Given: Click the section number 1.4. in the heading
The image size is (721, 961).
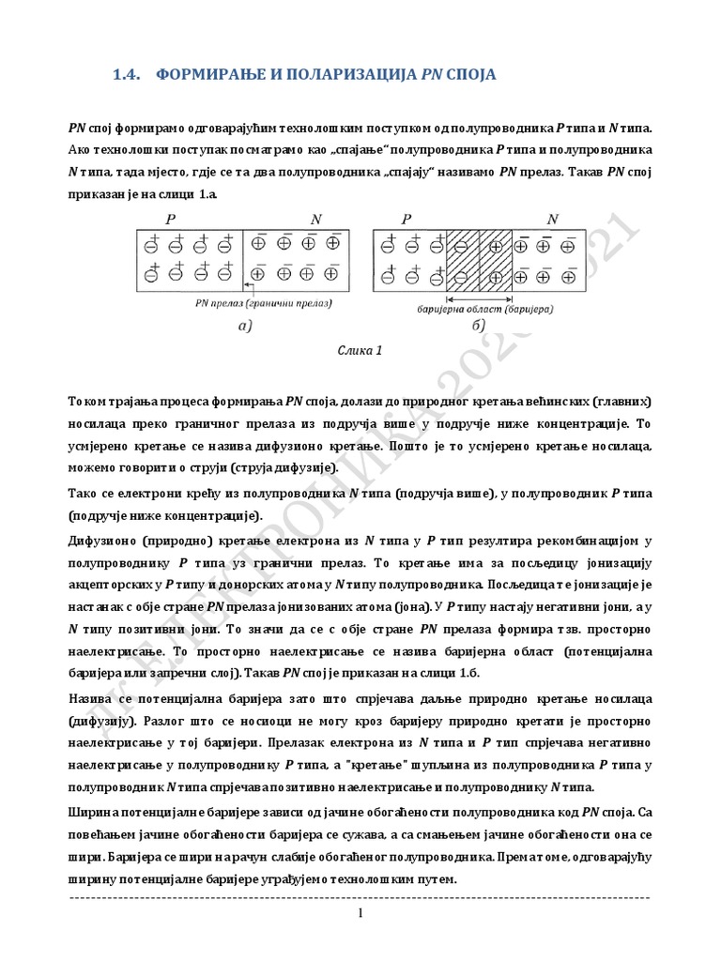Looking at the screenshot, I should (125, 73).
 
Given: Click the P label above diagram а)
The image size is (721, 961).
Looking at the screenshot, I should (170, 218).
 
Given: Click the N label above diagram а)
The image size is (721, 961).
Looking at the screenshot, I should (315, 218).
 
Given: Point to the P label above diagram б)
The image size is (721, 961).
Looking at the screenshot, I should (407, 218).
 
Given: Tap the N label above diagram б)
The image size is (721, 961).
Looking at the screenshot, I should (552, 218).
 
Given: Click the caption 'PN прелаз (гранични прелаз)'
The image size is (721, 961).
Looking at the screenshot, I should (265, 303).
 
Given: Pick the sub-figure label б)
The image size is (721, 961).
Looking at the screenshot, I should (478, 326).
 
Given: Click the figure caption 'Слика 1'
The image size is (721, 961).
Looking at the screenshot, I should (360, 352).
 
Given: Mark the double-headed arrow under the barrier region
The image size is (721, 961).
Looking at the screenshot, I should (479, 294).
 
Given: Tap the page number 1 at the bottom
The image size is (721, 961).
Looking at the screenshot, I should (360, 914).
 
